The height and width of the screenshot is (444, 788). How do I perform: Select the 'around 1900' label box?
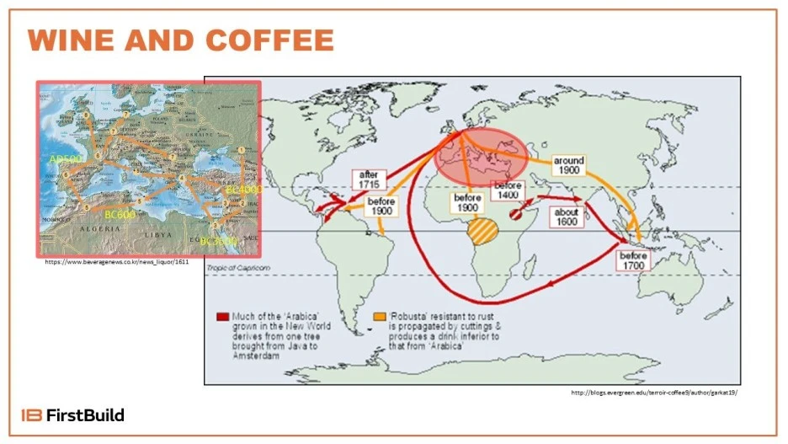point(569,165)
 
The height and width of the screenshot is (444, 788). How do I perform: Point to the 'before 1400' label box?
point(509,190)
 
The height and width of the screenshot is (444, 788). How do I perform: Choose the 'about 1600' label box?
point(567,217)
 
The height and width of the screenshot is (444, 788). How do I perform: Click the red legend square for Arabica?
point(222,316)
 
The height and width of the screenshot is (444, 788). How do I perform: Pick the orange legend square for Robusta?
point(380,316)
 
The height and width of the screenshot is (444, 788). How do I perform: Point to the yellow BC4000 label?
point(243,190)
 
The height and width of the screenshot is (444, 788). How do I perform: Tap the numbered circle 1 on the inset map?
point(242,151)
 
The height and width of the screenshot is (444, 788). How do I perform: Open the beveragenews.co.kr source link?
point(117,262)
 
